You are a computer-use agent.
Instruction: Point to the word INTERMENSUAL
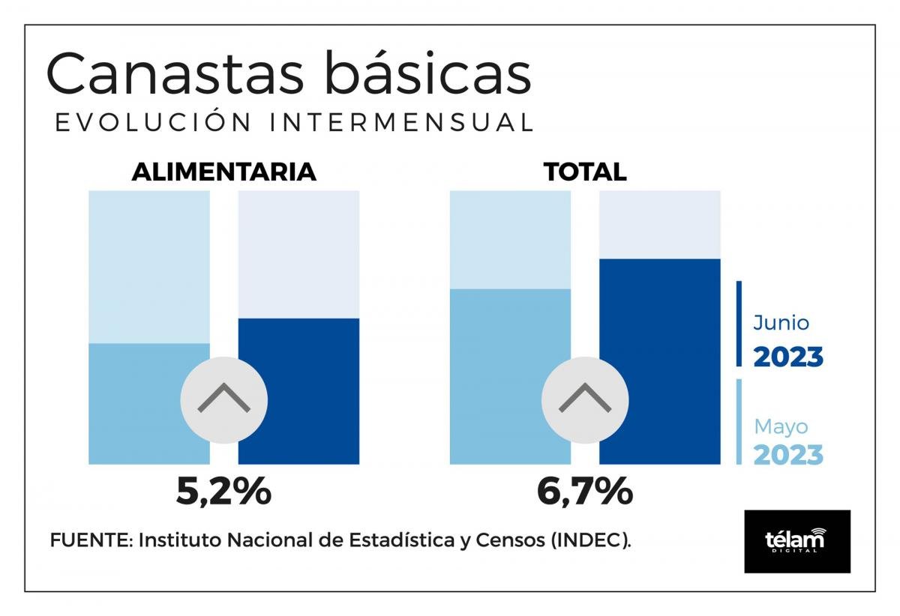[403, 124]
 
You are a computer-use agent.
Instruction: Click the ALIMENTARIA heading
[223, 172]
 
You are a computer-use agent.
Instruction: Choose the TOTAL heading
[585, 172]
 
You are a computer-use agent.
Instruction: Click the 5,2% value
[223, 492]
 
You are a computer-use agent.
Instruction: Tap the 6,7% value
[585, 492]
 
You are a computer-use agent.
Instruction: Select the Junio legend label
[781, 324]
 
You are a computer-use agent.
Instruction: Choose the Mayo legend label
[781, 427]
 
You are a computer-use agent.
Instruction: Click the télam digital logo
[796, 541]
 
